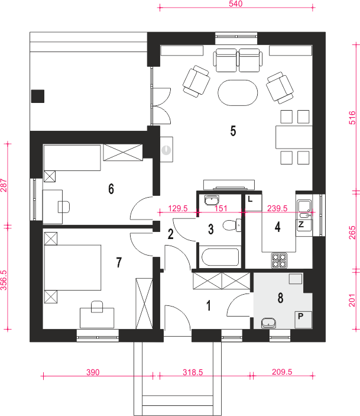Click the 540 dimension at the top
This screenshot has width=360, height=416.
(x=235, y=4)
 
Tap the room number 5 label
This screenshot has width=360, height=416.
(x=233, y=131)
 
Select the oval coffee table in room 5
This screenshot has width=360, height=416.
(x=238, y=93)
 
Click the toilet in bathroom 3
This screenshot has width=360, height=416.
(x=232, y=225)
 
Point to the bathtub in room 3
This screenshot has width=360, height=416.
(x=220, y=257)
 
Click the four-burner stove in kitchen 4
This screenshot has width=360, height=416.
(x=279, y=260)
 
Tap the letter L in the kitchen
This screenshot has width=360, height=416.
(x=250, y=199)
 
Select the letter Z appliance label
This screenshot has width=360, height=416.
(x=301, y=224)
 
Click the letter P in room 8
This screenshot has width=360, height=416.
(x=301, y=316)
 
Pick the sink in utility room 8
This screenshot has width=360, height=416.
(x=268, y=323)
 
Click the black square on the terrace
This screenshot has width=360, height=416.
(x=38, y=96)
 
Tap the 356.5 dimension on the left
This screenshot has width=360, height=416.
(x=4, y=280)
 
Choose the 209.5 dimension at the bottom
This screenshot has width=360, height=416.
(x=282, y=372)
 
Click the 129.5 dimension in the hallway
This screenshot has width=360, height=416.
(x=177, y=208)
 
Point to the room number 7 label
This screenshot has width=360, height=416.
(x=119, y=262)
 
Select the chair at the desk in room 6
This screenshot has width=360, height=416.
(x=64, y=207)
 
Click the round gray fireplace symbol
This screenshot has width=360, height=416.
(x=166, y=150)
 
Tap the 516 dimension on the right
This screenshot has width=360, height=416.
(x=352, y=118)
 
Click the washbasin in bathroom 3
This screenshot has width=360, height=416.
(x=212, y=200)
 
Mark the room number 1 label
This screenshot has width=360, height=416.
(x=209, y=305)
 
